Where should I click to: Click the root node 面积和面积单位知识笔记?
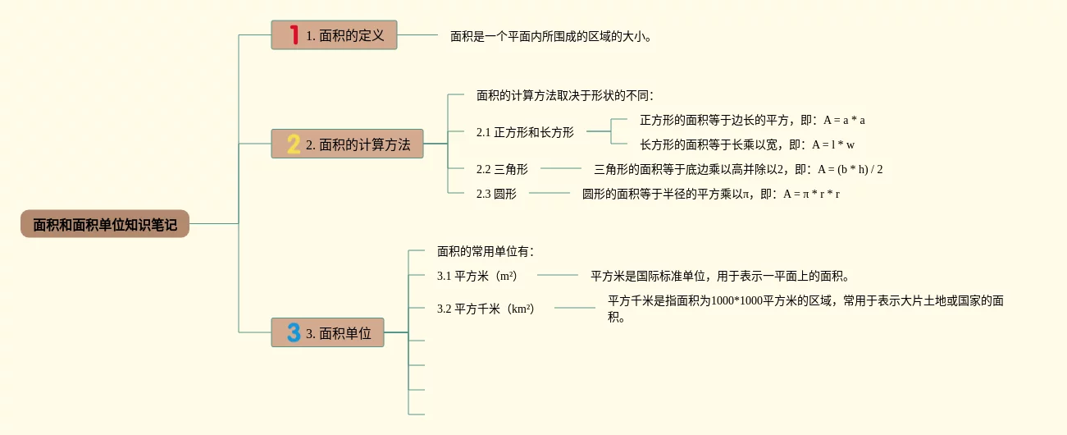[105, 224]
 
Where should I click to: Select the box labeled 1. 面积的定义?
[334, 35]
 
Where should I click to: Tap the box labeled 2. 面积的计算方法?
[347, 144]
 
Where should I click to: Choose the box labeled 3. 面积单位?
[327, 332]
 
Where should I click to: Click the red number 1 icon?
[294, 35]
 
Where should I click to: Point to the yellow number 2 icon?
[294, 144]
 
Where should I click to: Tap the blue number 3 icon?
[294, 332]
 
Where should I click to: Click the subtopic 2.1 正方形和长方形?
[525, 132]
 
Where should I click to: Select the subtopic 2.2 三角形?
[502, 169]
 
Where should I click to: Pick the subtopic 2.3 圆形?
[496, 194]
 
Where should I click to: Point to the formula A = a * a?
[845, 120]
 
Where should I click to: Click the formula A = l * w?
[833, 144]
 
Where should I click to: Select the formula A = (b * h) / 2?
[850, 169]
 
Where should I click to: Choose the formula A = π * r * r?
[811, 194]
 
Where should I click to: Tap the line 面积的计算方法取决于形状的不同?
[563, 95]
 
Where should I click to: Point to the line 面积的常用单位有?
[485, 251]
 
